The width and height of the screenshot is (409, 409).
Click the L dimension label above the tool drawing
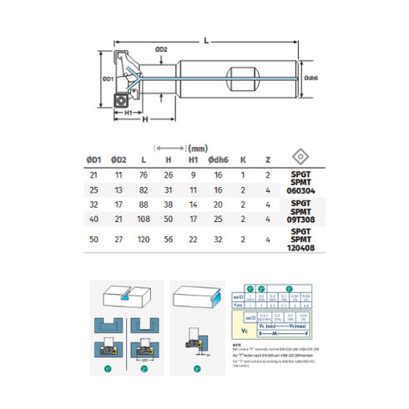click(x=204, y=38)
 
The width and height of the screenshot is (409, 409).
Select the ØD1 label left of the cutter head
click(x=106, y=78)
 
